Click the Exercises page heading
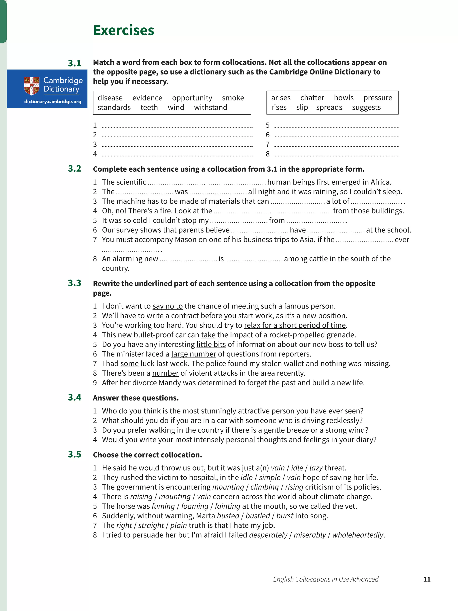pyautogui.click(x=123, y=30)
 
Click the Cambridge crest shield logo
pyautogui.click(x=32, y=86)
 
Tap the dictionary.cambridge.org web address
pyautogui.click(x=53, y=102)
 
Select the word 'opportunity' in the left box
pyautogui.click(x=192, y=98)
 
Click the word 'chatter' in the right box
pyautogui.click(x=312, y=98)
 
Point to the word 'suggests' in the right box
pyautogui.click(x=366, y=107)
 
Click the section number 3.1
pyautogui.click(x=74, y=63)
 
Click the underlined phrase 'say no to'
pyautogui.click(x=168, y=306)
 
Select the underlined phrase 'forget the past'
pyautogui.click(x=271, y=383)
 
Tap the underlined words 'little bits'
pyautogui.click(x=211, y=344)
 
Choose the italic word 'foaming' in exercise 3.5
pyautogui.click(x=195, y=506)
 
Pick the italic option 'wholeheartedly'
pyautogui.click(x=358, y=535)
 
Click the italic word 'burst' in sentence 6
pyautogui.click(x=285, y=516)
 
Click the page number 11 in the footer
pyautogui.click(x=426, y=579)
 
